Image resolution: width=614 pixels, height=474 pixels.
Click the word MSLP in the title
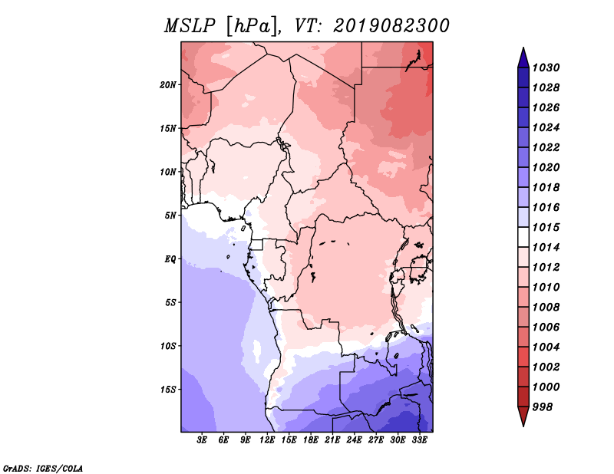point(190,26)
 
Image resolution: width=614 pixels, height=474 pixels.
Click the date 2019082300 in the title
point(391,26)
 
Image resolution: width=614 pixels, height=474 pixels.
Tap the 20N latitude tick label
point(168,84)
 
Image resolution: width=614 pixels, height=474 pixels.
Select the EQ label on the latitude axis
point(170,258)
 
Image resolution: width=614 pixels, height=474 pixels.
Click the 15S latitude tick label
point(168,390)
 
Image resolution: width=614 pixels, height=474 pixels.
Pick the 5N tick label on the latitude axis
point(170,216)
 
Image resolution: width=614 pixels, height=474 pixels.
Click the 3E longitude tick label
point(202,440)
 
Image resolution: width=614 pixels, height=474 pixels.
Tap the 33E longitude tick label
point(419,440)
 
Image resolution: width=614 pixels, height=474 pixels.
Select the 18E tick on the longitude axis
point(311,440)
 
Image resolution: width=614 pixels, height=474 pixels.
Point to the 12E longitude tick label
point(267,440)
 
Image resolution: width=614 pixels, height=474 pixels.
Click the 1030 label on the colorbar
point(546,67)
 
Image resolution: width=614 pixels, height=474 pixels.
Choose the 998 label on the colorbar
point(543,407)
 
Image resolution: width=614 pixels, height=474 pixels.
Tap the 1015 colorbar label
point(546,227)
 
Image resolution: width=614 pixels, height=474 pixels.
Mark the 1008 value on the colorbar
point(546,308)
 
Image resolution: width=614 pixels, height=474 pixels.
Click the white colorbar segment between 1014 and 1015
point(523,237)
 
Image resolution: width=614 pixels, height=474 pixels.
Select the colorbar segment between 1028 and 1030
point(523,77)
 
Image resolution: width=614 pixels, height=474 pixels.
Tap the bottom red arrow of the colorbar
point(523,416)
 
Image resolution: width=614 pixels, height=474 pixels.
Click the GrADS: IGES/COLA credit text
point(43,468)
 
